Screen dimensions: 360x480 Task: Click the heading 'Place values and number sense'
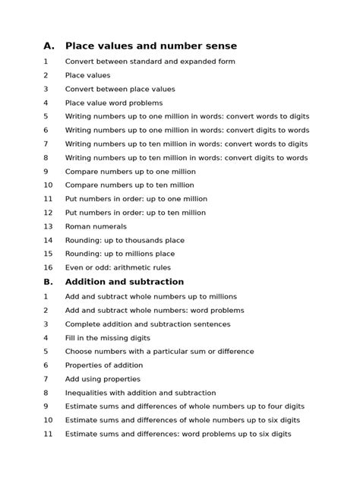(151, 46)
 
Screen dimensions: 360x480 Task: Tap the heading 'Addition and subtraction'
(125, 282)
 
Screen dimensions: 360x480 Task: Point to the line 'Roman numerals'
(96, 226)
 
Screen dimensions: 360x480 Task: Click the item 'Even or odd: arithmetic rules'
(118, 267)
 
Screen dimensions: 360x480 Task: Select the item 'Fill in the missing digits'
(108, 338)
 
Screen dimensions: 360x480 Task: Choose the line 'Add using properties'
(103, 379)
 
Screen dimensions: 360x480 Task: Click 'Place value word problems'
(114, 103)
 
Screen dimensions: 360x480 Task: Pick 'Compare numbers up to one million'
(130, 172)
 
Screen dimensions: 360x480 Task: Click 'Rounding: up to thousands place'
(125, 240)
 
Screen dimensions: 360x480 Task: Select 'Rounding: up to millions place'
(120, 254)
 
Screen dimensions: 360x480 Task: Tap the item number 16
(48, 267)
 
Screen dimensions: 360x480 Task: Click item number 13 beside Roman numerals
(48, 226)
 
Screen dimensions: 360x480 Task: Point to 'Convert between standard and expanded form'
(150, 62)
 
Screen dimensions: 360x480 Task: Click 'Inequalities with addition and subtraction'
(141, 393)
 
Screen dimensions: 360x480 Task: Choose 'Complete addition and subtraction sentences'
(147, 324)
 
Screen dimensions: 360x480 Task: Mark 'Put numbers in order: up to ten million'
(135, 213)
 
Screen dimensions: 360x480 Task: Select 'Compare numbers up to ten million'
(129, 185)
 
